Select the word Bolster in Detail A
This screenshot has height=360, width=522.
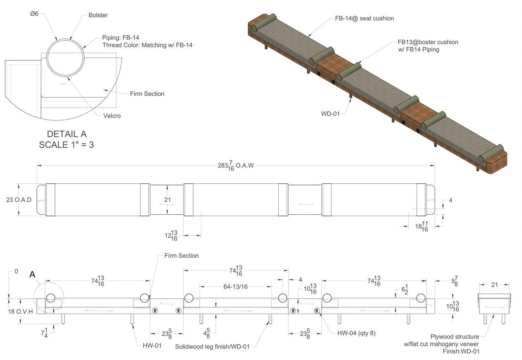[x=98, y=15]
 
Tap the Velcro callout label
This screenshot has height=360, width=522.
[x=112, y=116]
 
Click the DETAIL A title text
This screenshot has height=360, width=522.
[x=67, y=134]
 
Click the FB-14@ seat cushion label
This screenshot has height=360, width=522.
[x=364, y=19]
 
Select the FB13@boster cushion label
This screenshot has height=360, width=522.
[x=428, y=42]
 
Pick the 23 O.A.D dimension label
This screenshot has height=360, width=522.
[x=19, y=200]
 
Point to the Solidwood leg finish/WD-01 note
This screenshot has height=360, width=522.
[x=212, y=346]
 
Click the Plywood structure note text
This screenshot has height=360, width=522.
[x=455, y=337]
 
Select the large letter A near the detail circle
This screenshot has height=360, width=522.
[x=32, y=275]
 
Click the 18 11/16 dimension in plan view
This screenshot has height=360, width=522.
[x=421, y=226]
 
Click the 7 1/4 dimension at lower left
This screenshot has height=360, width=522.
[x=44, y=332]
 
